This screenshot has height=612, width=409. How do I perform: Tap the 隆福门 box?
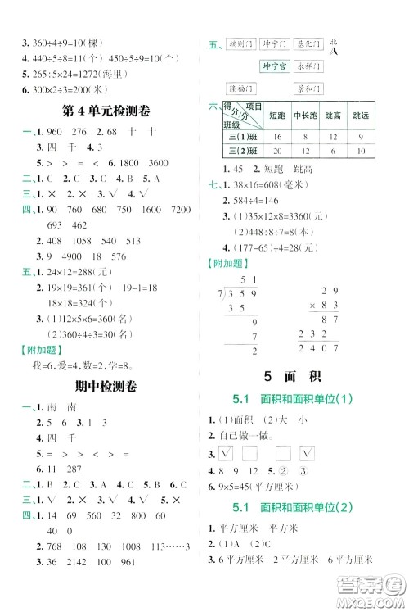pyautogui.click(x=242, y=88)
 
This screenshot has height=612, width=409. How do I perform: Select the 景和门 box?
pyautogui.click(x=308, y=88)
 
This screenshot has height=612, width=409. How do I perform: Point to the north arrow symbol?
pyautogui.click(x=334, y=50)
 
